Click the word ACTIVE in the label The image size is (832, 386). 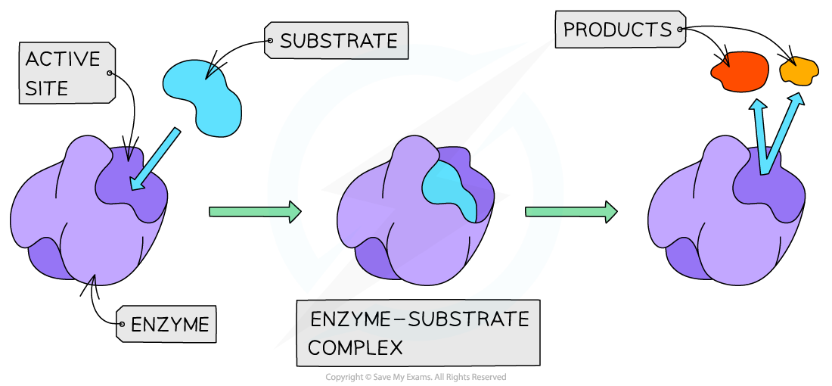pyautogui.click(x=63, y=59)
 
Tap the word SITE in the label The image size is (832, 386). pyautogui.click(x=47, y=88)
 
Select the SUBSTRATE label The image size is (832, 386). pyautogui.click(x=338, y=41)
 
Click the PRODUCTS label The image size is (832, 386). pyautogui.click(x=617, y=30)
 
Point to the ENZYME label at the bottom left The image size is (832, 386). pyautogui.click(x=169, y=325)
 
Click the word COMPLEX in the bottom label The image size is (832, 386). pyautogui.click(x=355, y=348)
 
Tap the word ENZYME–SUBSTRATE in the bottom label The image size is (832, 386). pyautogui.click(x=419, y=319)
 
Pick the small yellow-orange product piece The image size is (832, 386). pyautogui.click(x=799, y=70)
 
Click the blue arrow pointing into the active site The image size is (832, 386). pyautogui.click(x=155, y=160)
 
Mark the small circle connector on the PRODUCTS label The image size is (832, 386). pyautogui.click(x=681, y=30)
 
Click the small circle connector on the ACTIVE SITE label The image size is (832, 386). pyautogui.click(x=110, y=73)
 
